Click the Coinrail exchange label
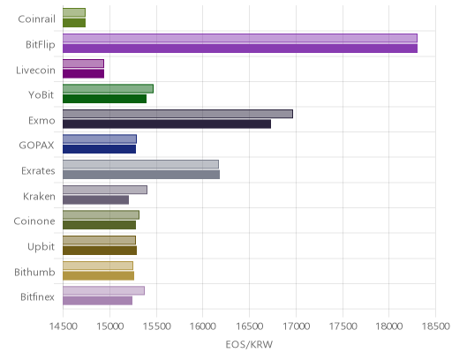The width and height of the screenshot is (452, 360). (36, 19)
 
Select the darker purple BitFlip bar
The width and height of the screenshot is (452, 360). (240, 49)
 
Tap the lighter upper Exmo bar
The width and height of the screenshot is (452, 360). (177, 114)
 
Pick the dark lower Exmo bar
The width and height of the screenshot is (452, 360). (167, 124)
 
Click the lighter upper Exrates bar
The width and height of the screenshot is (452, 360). (140, 164)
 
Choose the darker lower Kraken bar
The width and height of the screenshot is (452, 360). (96, 200)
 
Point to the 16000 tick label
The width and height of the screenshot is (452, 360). (203, 326)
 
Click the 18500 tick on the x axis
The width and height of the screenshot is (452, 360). (436, 326)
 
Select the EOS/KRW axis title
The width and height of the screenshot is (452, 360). (249, 344)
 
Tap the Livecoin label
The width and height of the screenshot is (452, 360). (35, 71)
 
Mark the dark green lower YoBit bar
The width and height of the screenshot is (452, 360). (105, 99)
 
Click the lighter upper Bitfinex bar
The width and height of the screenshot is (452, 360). (103, 290)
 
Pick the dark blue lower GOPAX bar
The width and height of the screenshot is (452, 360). (100, 149)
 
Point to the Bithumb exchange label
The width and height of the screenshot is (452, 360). (34, 272)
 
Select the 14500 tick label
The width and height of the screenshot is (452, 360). (63, 326)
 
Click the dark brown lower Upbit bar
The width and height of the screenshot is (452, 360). (100, 251)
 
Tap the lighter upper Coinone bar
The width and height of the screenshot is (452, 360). (101, 215)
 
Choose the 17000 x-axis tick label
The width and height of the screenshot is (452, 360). (296, 326)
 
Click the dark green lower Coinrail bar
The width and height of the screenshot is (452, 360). (74, 23)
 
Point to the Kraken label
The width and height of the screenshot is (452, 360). (39, 196)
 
